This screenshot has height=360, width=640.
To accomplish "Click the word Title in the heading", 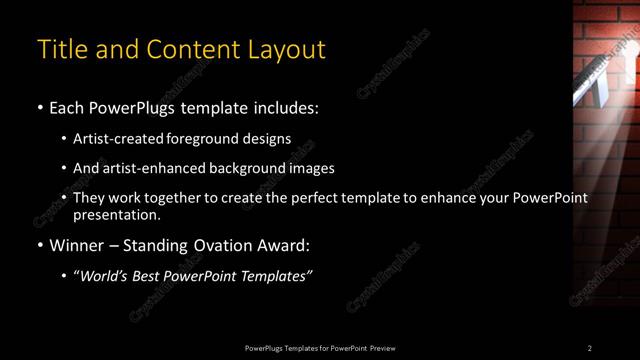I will (x=59, y=49).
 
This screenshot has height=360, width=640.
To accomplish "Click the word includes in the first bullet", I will (x=288, y=107).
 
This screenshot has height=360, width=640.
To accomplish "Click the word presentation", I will (x=115, y=214).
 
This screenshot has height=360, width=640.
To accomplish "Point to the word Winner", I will (x=76, y=245).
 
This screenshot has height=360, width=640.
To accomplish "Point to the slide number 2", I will (x=589, y=348).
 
